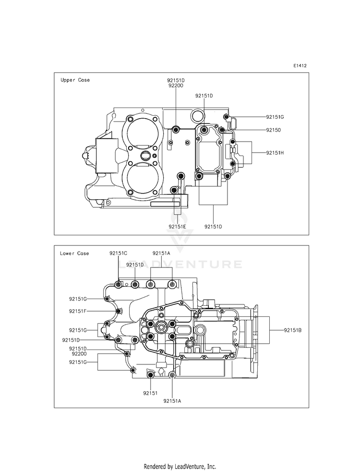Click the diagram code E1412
click(300, 65)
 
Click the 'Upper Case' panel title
click(75, 80)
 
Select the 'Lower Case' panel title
click(74, 253)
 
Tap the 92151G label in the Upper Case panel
click(275, 117)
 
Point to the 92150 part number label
click(274, 130)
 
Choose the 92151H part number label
click(275, 153)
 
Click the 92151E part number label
click(177, 227)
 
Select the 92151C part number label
click(118, 253)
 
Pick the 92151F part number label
click(78, 311)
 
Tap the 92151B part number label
click(293, 330)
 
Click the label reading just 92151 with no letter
click(150, 393)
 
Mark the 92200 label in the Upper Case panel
click(176, 85)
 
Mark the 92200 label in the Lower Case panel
click(79, 354)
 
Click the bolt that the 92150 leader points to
click(222, 130)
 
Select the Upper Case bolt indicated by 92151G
click(227, 117)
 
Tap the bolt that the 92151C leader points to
click(119, 284)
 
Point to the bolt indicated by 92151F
click(119, 311)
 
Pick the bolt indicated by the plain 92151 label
click(150, 375)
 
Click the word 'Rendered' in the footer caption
click(154, 467)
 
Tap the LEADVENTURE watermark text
click(180, 265)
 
